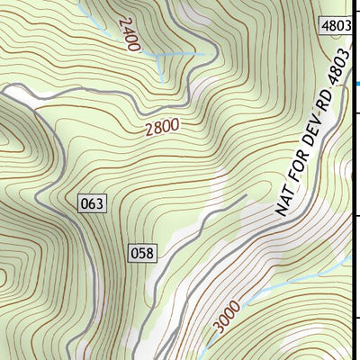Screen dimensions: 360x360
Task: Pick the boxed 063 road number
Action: (93, 203)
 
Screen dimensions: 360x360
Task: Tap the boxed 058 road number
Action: (142, 252)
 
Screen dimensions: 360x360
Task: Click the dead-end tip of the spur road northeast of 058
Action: (245, 194)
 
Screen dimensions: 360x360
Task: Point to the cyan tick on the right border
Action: (357, 84)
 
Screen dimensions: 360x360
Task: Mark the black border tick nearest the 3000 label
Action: (357, 317)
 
